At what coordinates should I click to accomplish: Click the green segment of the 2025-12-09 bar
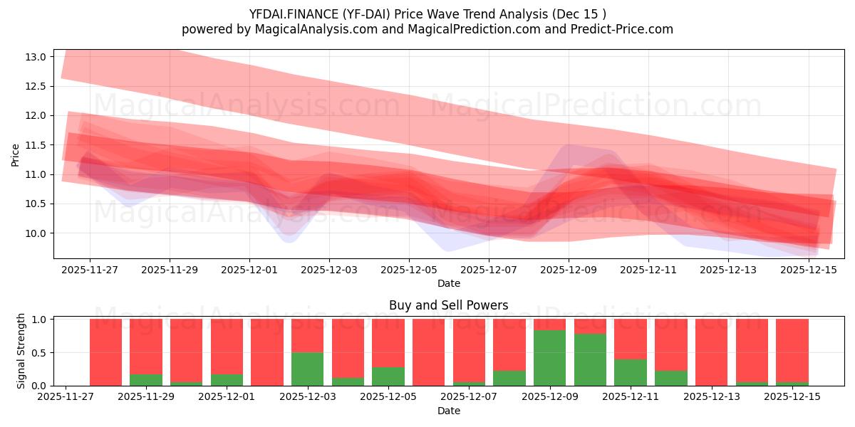coord(549,358)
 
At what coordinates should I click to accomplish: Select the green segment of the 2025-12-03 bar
coord(307,369)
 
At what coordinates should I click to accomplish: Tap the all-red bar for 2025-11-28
coord(105,352)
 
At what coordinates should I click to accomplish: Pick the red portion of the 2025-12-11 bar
coord(630,339)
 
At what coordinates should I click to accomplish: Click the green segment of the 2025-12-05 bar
coord(388,376)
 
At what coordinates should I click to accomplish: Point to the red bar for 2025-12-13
coord(711,352)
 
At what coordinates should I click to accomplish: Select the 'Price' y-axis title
coord(16,154)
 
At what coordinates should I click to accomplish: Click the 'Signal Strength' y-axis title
coord(21,352)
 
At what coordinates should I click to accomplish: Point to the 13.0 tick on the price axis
coord(38,57)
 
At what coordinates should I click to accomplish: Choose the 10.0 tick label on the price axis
coord(38,233)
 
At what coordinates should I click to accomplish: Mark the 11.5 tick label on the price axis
coord(38,145)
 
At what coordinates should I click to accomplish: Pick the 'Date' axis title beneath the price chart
coord(448,283)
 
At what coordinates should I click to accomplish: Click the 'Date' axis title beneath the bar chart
coord(448,411)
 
